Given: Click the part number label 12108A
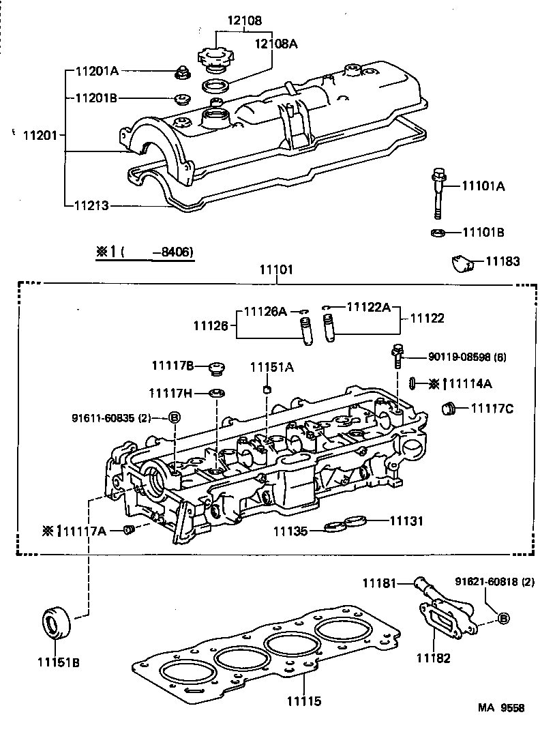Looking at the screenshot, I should [277, 44].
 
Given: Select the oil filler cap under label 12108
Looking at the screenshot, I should [215, 57].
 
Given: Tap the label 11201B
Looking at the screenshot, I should [96, 98].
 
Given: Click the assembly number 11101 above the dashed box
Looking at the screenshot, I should [275, 270].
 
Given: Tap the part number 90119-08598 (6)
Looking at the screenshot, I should [467, 357].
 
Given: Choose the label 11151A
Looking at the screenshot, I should [271, 367].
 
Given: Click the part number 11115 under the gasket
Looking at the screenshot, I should [303, 701].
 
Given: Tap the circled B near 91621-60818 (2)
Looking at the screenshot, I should [502, 619].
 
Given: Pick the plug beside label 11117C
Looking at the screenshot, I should [449, 409].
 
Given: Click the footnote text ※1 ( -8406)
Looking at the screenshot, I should [145, 252].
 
